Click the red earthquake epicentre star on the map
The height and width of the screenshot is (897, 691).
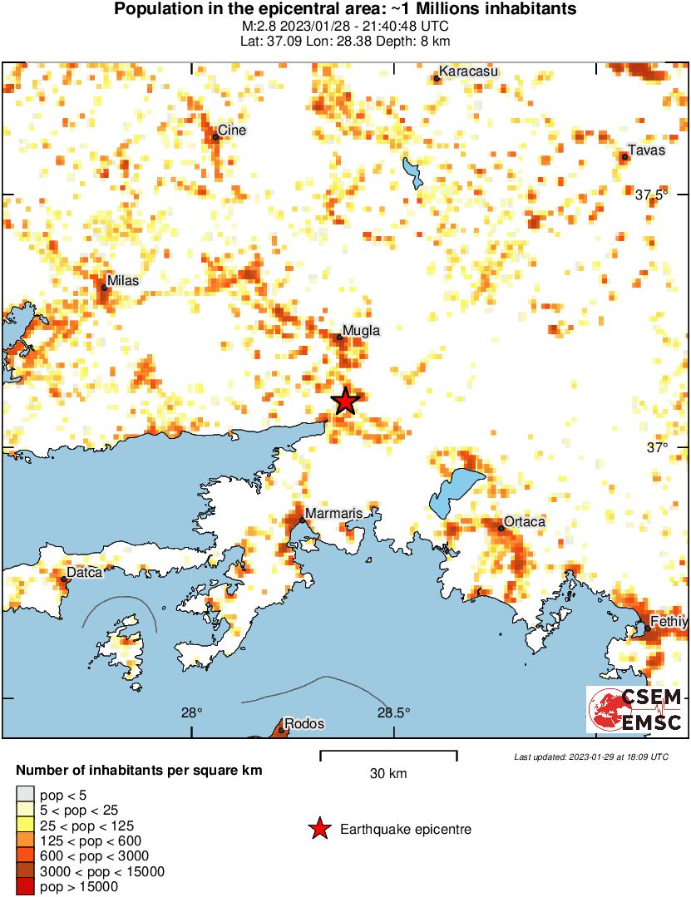(x=346, y=401)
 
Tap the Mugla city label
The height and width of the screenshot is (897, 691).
(x=362, y=330)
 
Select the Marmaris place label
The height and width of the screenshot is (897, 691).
(x=333, y=513)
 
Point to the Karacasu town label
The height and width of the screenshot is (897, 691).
(x=468, y=71)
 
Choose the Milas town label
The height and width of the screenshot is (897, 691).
(x=122, y=280)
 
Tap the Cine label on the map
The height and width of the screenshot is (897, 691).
(x=232, y=131)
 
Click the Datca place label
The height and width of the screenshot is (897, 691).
(x=85, y=572)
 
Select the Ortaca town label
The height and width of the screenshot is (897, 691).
(x=525, y=521)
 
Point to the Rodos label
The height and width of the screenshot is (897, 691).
(x=299, y=723)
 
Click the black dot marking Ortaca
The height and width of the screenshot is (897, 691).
(x=501, y=528)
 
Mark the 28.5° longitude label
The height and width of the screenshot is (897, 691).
(x=393, y=712)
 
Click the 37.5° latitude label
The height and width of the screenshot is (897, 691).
(x=652, y=195)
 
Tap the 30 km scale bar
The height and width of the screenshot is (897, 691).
(x=388, y=755)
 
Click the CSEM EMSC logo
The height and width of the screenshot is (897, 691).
(x=636, y=709)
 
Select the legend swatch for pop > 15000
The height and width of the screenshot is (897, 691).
(x=27, y=887)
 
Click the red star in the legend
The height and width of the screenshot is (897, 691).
(x=318, y=829)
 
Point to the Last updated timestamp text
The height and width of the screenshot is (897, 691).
(x=590, y=757)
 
